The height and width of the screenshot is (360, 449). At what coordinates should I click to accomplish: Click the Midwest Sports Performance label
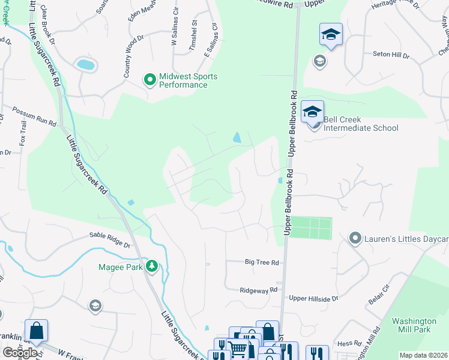(188, 80)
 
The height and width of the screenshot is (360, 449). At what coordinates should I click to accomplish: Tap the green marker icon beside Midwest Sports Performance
(149, 79)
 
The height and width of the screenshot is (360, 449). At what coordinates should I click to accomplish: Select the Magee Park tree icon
(152, 266)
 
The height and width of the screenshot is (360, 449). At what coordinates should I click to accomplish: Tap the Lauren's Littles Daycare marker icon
(355, 239)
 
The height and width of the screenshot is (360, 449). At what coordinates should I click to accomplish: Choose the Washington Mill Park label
(414, 325)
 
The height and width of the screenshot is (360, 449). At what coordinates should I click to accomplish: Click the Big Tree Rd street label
(262, 263)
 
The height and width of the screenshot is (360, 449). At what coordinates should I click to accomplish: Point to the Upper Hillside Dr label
(313, 298)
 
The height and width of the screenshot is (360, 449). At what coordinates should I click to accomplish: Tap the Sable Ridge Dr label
(110, 240)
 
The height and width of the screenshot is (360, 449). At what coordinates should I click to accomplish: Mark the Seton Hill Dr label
(390, 55)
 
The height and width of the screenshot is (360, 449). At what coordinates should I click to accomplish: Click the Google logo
(20, 353)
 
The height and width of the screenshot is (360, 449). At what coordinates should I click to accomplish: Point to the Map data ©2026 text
(423, 355)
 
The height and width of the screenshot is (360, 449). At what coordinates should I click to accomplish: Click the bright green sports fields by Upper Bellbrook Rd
(311, 228)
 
